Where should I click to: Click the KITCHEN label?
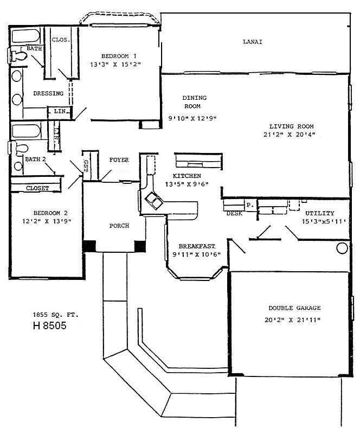click(187, 176)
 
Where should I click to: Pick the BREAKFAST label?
click(196, 246)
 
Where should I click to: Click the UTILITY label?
click(319, 213)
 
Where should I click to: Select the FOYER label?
click(119, 160)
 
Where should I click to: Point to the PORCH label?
click(119, 226)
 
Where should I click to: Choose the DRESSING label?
click(48, 93)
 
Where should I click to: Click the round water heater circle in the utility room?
click(342, 248)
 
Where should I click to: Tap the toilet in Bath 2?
click(20, 148)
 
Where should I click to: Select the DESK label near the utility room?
click(234, 214)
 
